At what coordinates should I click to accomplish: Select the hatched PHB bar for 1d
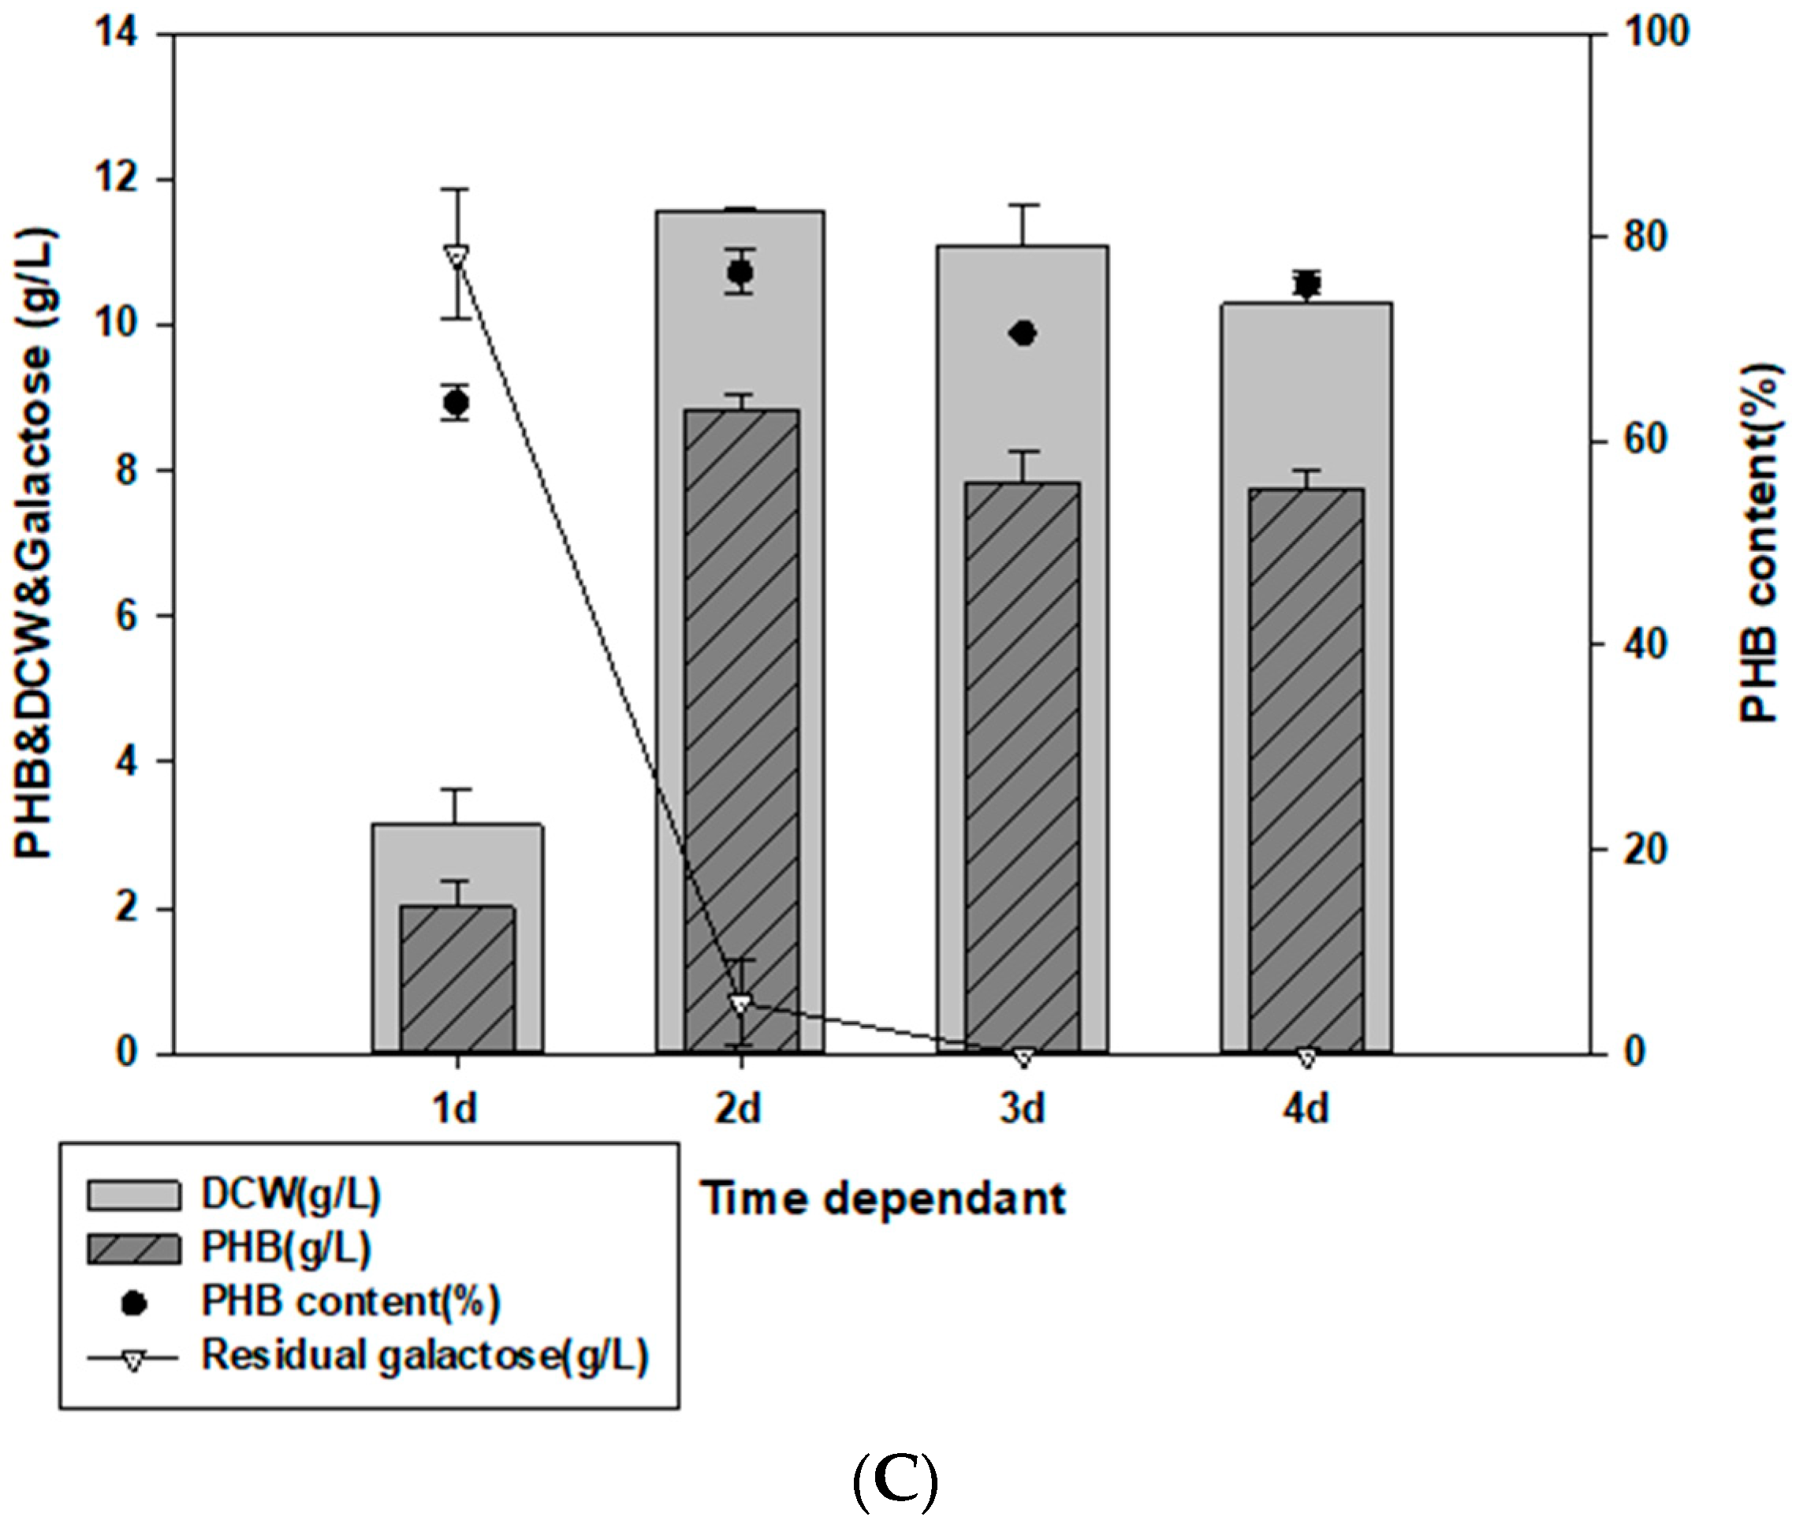[x=457, y=978]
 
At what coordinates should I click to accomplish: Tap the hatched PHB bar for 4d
[x=1306, y=770]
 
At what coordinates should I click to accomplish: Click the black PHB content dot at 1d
[x=456, y=403]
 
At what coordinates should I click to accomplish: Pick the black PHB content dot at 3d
[x=1023, y=334]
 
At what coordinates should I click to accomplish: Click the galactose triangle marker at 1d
[x=456, y=255]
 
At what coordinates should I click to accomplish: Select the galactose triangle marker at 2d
[x=740, y=1003]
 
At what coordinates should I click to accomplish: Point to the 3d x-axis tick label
[x=1023, y=1109]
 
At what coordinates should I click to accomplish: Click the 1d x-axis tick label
[x=455, y=1109]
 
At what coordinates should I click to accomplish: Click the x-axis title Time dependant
[x=883, y=1200]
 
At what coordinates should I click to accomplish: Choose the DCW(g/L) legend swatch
[x=134, y=1194]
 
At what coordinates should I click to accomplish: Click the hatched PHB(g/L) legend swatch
[x=134, y=1248]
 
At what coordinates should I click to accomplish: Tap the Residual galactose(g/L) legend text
[x=424, y=1356]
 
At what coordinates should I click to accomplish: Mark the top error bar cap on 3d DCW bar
[x=1023, y=205]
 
